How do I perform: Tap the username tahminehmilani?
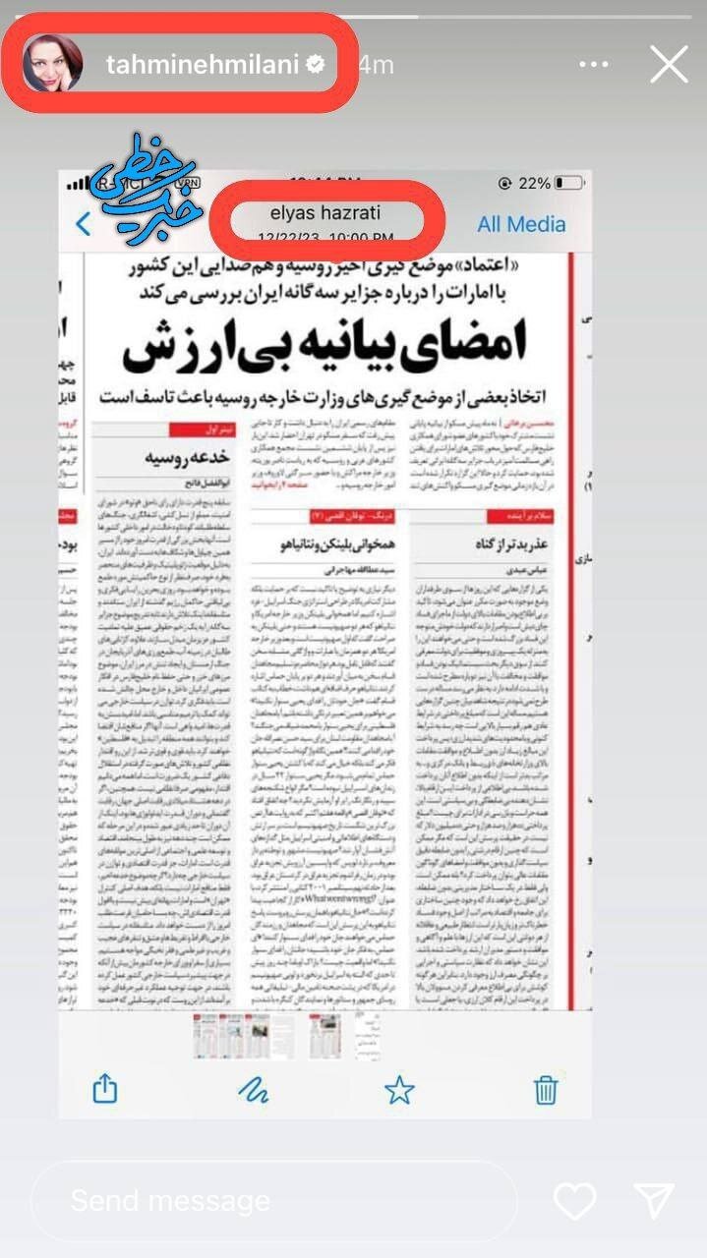pos(201,65)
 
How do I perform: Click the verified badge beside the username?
pos(316,65)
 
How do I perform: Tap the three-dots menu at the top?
pos(594,65)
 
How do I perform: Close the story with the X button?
pos(669,65)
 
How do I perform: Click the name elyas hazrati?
pos(324,212)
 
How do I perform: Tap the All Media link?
pos(521,224)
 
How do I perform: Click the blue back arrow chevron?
pos(84,224)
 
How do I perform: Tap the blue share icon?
pos(104,1088)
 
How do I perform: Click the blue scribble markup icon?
pos(254,1089)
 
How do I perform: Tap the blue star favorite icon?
pos(399,1089)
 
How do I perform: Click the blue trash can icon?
pos(546,1089)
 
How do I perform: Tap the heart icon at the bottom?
pos(574,1200)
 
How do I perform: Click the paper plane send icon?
pos(654,1200)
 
